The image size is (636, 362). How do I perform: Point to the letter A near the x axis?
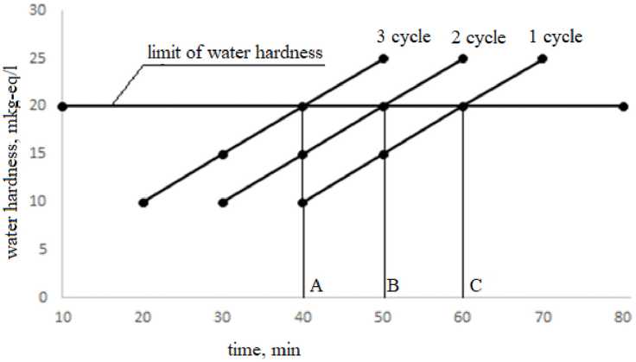click(316, 285)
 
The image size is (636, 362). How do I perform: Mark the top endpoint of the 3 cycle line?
click(384, 59)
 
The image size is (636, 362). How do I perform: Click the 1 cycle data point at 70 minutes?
click(543, 59)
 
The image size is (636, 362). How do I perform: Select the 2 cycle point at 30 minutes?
click(223, 202)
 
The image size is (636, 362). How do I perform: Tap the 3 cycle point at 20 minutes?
click(143, 202)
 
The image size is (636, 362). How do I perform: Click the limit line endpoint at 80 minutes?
click(623, 107)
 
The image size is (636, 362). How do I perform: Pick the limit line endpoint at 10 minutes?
click(62, 107)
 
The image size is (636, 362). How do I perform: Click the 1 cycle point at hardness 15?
click(384, 155)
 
